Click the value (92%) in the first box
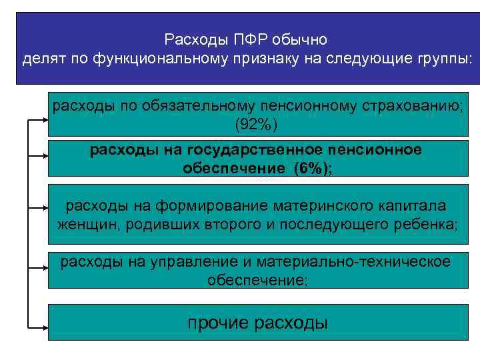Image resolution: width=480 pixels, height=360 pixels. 256,124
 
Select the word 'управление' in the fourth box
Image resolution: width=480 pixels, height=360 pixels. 184,262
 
